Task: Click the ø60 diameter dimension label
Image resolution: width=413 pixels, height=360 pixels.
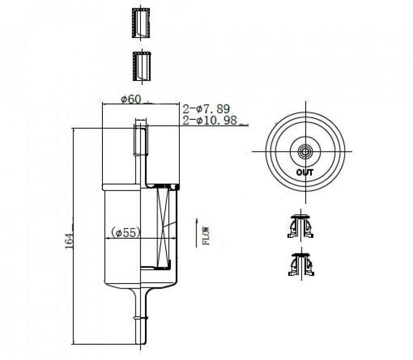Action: pyautogui.click(x=131, y=99)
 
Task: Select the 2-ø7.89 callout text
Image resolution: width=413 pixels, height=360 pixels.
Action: pyautogui.click(x=206, y=109)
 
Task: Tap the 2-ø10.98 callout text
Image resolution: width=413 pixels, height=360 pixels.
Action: pyautogui.click(x=210, y=121)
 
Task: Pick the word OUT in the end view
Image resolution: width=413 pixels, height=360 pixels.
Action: pyautogui.click(x=305, y=173)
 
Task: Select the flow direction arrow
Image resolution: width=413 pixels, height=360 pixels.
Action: pyautogui.click(x=197, y=232)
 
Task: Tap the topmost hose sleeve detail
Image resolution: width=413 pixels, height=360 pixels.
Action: pyautogui.click(x=141, y=23)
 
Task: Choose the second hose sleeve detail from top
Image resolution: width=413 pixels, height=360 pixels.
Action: pyautogui.click(x=142, y=66)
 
